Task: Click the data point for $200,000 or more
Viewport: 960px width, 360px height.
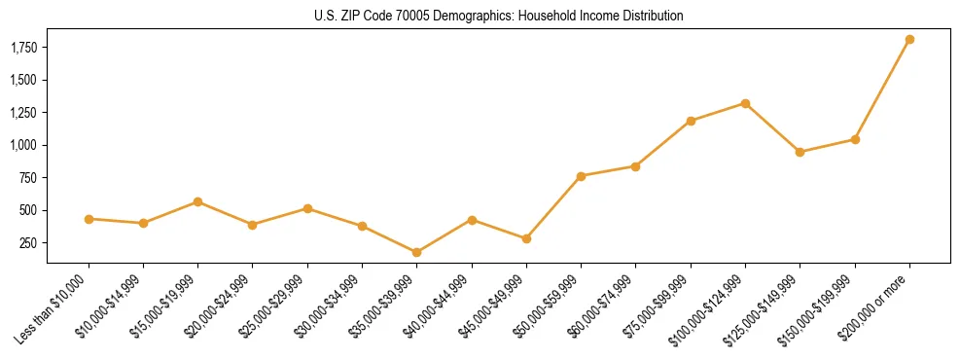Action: pyautogui.click(x=909, y=40)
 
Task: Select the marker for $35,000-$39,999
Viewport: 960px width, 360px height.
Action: pyautogui.click(x=416, y=252)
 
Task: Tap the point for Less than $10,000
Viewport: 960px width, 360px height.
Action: pyautogui.click(x=89, y=219)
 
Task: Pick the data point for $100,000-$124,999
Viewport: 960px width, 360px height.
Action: pyautogui.click(x=745, y=103)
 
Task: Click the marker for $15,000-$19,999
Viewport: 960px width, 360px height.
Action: pyautogui.click(x=197, y=201)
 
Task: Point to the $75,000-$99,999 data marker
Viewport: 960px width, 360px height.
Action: pyautogui.click(x=691, y=121)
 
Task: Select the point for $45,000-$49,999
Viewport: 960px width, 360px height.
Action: pyautogui.click(x=526, y=238)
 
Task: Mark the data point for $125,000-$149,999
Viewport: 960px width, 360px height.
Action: pyautogui.click(x=800, y=152)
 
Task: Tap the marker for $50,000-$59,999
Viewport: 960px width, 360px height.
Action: pyautogui.click(x=581, y=176)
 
